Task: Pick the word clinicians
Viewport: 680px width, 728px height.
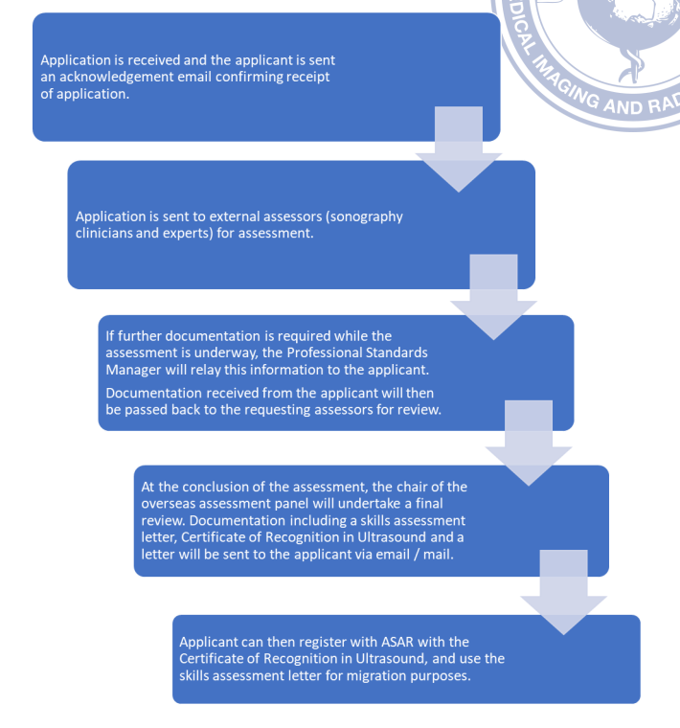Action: click(x=103, y=233)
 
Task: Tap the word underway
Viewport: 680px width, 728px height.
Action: click(x=226, y=353)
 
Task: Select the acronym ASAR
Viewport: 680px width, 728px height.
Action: click(x=397, y=642)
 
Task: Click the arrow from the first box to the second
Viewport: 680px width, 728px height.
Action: click(x=459, y=149)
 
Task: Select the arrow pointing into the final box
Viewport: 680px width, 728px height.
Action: click(x=563, y=592)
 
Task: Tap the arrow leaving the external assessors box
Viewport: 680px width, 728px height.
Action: click(x=493, y=297)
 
